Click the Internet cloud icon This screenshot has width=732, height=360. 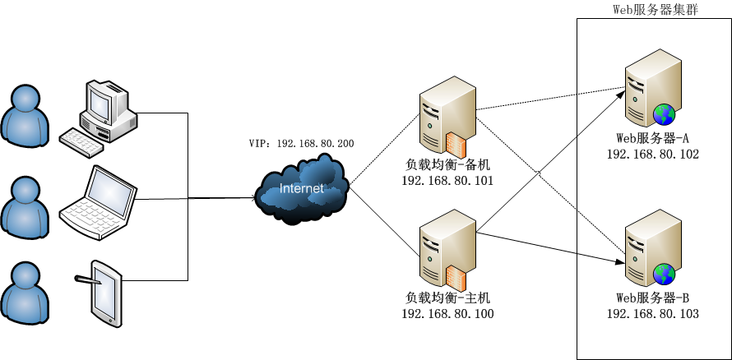click(x=302, y=190)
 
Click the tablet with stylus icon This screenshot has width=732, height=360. click(x=105, y=291)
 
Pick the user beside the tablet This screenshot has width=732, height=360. click(x=25, y=292)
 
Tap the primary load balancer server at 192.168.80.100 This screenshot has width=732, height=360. click(x=445, y=248)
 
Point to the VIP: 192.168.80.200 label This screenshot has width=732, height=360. click(x=301, y=144)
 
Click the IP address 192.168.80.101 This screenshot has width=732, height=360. click(x=447, y=181)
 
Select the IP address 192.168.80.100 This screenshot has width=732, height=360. click(x=447, y=314)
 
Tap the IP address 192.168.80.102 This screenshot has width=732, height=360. click(x=652, y=155)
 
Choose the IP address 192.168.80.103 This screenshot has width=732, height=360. click(x=652, y=314)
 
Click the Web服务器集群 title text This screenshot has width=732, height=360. click(x=656, y=9)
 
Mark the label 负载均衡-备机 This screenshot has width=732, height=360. click(x=447, y=164)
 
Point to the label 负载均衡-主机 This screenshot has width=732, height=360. click(x=447, y=298)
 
